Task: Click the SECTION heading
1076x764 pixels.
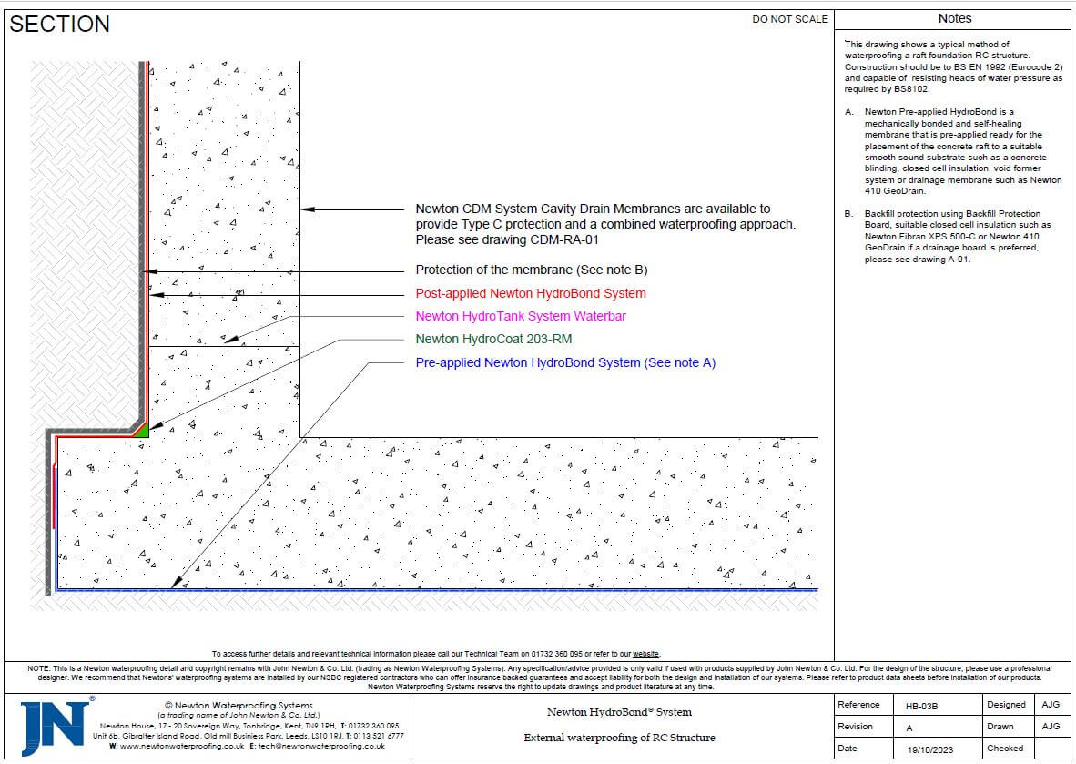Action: (59, 25)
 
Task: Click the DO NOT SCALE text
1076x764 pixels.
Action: (790, 19)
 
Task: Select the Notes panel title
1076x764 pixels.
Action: (954, 18)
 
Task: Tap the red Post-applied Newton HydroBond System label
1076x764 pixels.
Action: (531, 293)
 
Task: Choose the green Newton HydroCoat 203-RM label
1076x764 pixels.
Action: (493, 339)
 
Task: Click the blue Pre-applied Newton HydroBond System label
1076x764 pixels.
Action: (565, 362)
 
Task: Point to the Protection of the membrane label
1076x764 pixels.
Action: (532, 270)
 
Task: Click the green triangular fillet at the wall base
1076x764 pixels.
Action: (142, 430)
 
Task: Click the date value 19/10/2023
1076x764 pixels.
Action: (928, 749)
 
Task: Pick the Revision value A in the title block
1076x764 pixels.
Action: (909, 727)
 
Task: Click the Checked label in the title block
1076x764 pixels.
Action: (1004, 749)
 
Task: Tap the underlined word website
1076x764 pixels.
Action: (646, 654)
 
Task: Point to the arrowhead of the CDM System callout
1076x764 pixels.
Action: (307, 209)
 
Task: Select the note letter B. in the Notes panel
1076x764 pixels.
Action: (849, 213)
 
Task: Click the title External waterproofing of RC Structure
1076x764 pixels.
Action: (619, 738)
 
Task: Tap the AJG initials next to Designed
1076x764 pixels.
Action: (1051, 705)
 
